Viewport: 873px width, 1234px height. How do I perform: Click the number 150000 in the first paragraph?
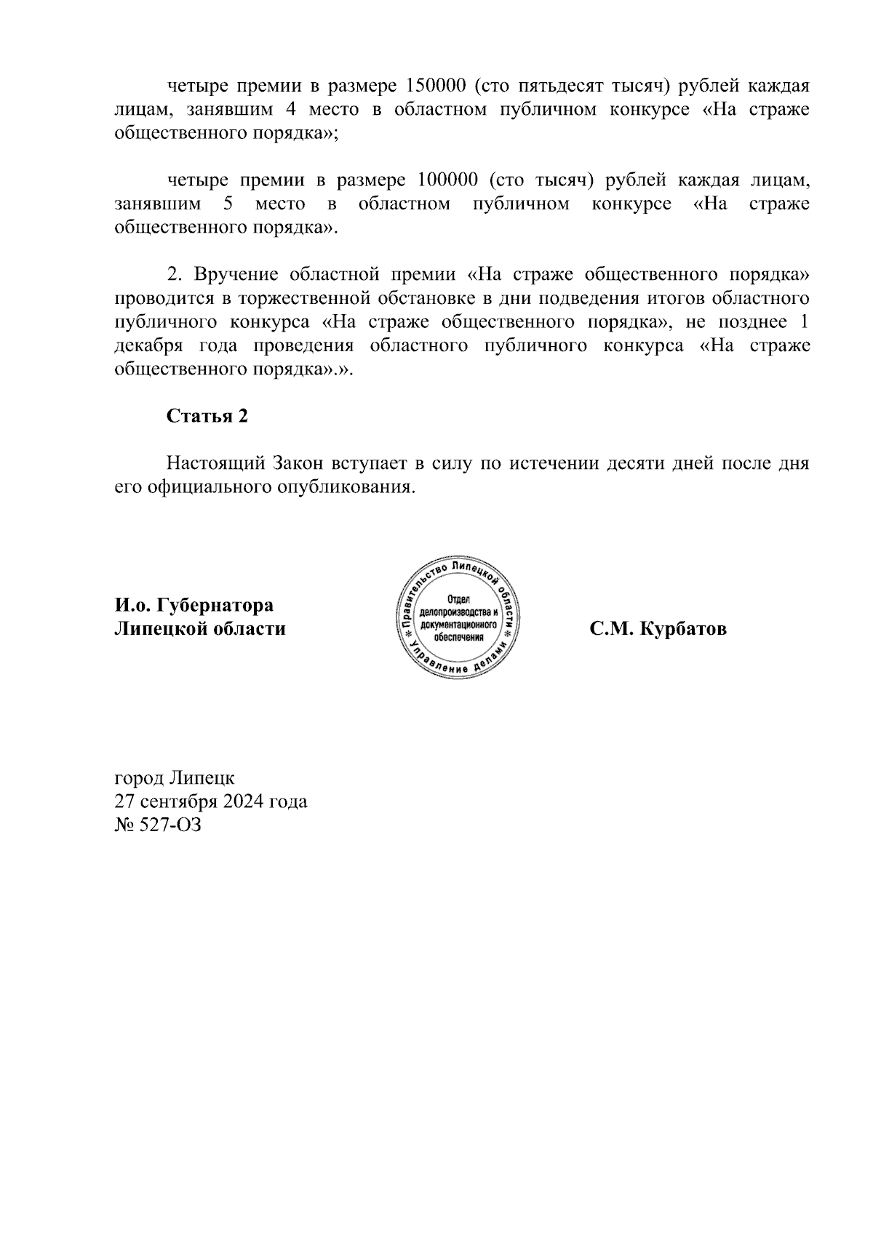[434, 86]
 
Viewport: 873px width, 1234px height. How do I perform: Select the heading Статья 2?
[207, 416]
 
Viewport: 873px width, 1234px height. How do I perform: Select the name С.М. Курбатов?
[658, 628]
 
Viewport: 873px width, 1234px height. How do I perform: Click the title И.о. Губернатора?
[194, 605]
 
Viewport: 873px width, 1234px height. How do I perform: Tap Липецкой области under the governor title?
[200, 628]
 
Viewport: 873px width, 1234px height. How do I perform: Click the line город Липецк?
[175, 777]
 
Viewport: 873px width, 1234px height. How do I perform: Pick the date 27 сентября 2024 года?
[211, 801]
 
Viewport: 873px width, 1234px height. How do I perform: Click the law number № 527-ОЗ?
[158, 825]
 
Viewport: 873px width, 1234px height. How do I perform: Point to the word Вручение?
[236, 275]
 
